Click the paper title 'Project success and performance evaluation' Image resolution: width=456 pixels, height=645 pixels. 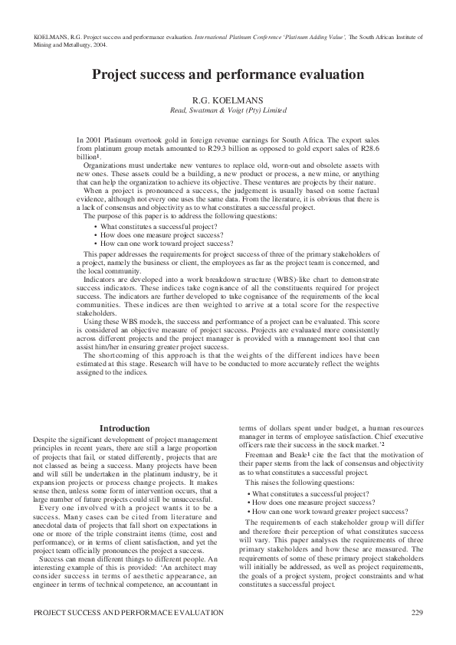[x=228, y=74]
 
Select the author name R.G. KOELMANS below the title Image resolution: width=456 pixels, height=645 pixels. [x=228, y=99]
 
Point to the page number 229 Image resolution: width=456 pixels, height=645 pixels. [x=417, y=612]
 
